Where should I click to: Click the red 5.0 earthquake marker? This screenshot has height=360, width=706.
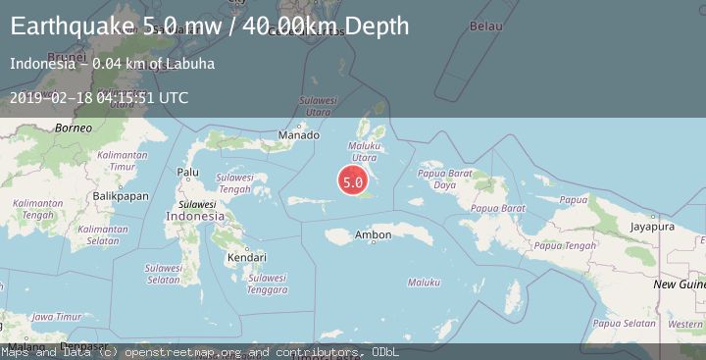353,181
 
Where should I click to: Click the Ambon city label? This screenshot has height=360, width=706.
373,235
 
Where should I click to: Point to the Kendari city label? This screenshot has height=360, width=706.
246,257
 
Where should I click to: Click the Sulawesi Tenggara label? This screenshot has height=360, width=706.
267,283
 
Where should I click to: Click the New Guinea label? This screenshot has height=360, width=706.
678,283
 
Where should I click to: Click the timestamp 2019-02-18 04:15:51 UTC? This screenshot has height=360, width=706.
99,98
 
